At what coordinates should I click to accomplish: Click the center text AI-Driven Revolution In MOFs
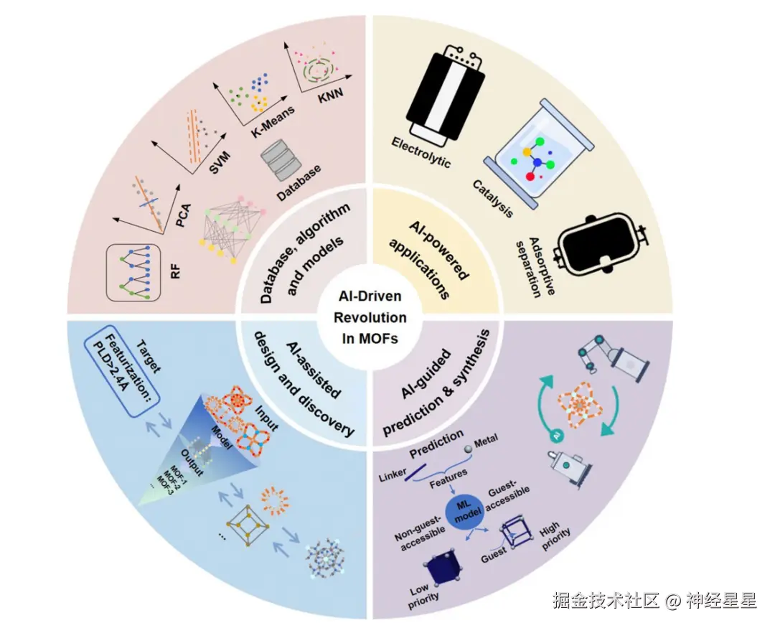(x=372, y=317)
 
